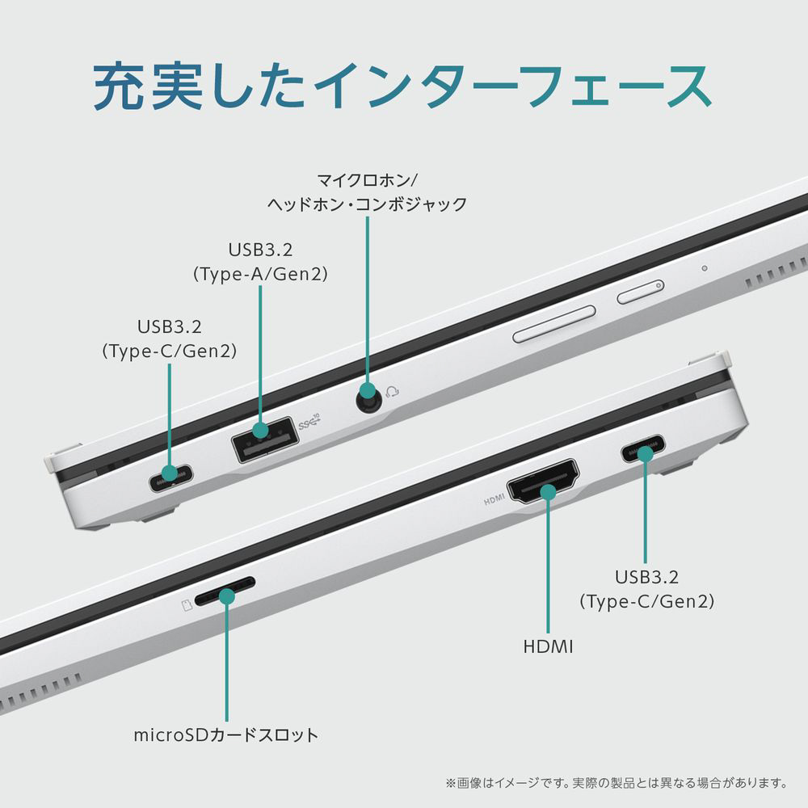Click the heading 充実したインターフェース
click(402, 85)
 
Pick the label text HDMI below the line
click(548, 646)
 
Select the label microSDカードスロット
click(225, 735)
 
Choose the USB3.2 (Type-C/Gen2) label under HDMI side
click(646, 589)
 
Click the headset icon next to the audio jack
click(393, 393)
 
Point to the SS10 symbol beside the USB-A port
click(309, 421)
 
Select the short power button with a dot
click(641, 292)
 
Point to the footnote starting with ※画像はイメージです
click(615, 783)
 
